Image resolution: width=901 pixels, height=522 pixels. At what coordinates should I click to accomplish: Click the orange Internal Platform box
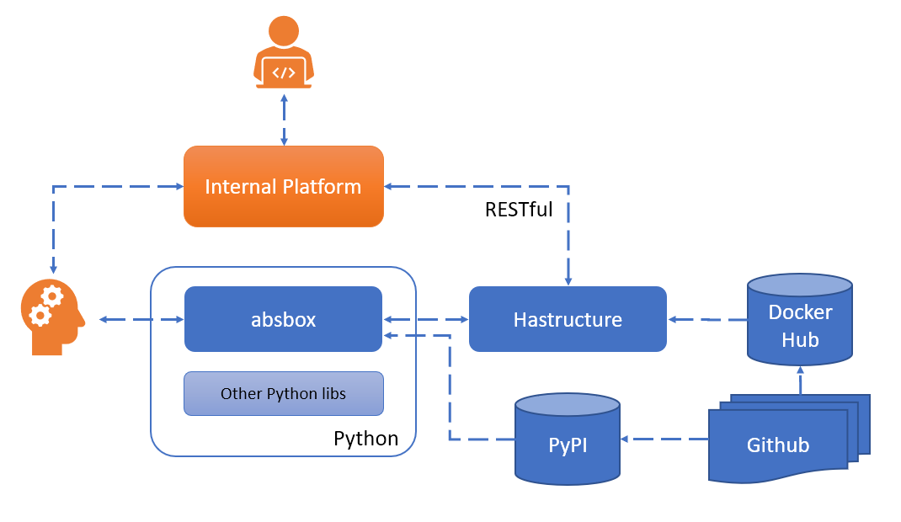click(284, 186)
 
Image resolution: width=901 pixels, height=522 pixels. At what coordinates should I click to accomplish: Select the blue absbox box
click(283, 319)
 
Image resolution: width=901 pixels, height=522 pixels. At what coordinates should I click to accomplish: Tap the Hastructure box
click(568, 319)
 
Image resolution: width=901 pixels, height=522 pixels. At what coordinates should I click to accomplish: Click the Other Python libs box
click(284, 393)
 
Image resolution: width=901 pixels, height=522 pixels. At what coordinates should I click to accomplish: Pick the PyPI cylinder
click(568, 442)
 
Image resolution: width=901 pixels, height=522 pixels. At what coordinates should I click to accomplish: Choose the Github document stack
click(778, 444)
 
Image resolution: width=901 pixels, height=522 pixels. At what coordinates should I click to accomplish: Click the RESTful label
click(519, 210)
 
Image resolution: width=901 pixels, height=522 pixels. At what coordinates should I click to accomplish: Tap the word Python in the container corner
click(365, 439)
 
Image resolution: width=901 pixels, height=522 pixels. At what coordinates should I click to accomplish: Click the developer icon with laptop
click(284, 53)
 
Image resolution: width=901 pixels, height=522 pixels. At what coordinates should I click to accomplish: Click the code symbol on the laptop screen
click(284, 72)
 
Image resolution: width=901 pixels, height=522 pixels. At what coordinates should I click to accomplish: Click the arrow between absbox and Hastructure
click(425, 319)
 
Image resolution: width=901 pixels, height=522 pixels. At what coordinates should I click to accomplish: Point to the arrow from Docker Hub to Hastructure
click(707, 319)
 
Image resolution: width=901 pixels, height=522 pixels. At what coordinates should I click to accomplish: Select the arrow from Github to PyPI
click(665, 439)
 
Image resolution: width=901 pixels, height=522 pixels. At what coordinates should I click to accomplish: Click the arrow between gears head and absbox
click(141, 319)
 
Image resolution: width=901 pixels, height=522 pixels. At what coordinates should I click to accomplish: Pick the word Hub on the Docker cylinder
click(800, 339)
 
